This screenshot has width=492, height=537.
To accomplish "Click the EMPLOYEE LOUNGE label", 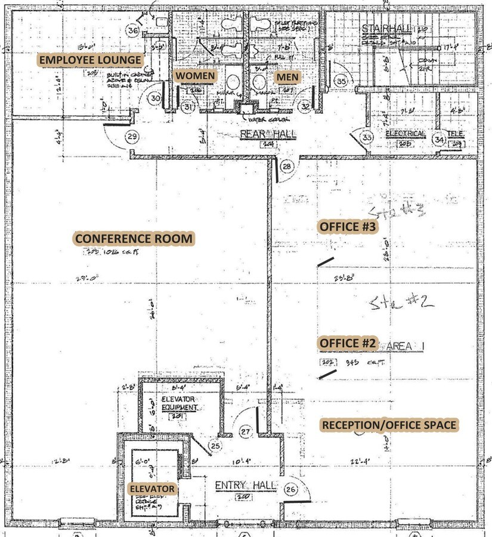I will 91,60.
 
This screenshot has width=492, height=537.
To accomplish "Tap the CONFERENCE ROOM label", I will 134,239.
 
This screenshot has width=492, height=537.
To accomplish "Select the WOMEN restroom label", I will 195,76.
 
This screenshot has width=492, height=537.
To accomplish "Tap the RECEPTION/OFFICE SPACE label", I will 389,425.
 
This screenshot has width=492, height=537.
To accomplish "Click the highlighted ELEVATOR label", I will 152,489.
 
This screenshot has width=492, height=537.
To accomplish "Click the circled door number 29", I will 132,137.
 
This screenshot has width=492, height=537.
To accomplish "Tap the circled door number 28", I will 287,166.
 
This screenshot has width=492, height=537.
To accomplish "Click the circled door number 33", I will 368,138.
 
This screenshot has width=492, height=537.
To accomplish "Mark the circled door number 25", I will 215,445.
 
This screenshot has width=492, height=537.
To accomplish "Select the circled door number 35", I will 341,81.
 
